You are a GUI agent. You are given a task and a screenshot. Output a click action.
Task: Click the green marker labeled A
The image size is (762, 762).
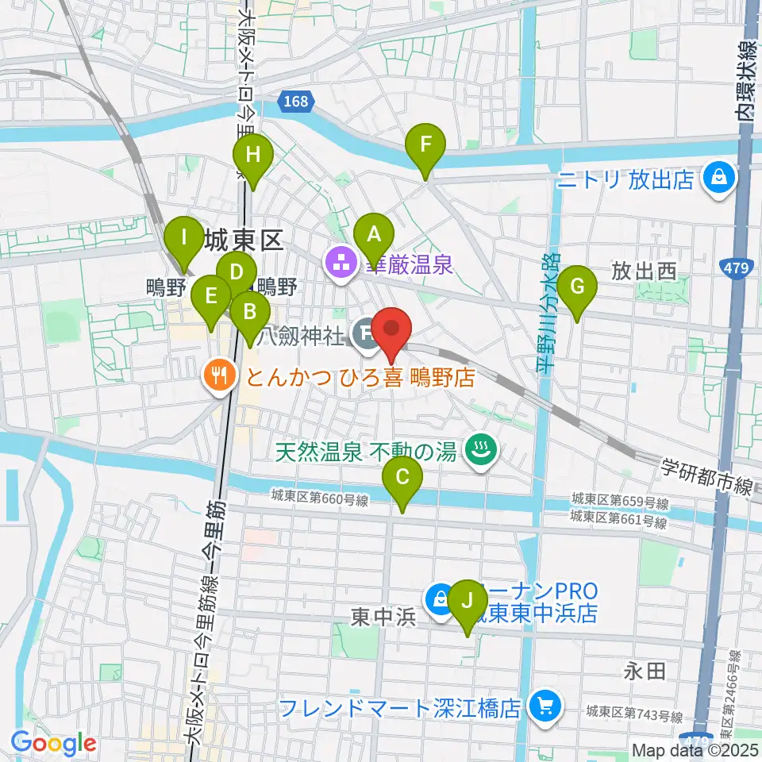[x=373, y=235]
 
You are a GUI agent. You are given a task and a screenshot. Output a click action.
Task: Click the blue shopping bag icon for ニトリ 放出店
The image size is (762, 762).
[x=718, y=179]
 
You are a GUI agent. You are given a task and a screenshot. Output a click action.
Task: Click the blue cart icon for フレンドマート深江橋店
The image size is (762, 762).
[x=545, y=705]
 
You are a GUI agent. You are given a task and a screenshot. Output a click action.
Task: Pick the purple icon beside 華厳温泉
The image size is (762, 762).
[x=341, y=261]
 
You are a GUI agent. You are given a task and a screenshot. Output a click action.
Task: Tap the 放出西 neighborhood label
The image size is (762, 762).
[x=643, y=272]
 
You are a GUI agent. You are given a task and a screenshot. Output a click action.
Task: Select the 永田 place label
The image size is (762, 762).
[x=644, y=672]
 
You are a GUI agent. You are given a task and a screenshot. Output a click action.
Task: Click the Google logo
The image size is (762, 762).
[x=54, y=742]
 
